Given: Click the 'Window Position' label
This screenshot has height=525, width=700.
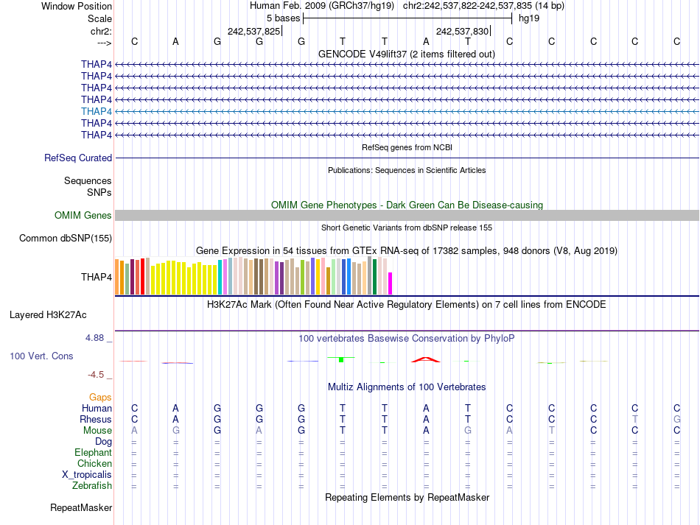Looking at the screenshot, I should (77, 6).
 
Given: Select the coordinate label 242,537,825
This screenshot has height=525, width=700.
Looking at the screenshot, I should (254, 31).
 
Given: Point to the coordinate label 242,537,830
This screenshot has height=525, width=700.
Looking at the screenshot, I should (462, 31).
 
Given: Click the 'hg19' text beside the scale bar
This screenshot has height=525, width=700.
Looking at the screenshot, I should (529, 18).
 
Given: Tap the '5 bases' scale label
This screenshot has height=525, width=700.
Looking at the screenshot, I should (283, 18).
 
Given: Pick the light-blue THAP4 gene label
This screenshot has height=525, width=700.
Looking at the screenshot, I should (97, 111).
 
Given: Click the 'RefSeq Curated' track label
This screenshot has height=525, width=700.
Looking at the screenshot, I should (78, 158).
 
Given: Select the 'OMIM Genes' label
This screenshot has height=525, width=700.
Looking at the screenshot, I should (83, 215).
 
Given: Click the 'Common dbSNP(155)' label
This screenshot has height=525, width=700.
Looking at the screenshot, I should (66, 238).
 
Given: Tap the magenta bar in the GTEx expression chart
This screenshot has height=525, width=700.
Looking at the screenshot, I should (391, 283).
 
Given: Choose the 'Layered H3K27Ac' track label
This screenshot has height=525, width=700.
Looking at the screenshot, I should (48, 314).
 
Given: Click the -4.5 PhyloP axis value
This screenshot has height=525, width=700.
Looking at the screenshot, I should (97, 374).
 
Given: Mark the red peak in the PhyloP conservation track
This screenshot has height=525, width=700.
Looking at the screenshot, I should (426, 359).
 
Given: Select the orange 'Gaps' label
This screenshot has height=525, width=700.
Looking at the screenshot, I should (100, 397).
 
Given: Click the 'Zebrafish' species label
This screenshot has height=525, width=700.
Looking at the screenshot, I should (92, 485).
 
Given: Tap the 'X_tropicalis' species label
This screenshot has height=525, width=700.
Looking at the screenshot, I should (87, 474).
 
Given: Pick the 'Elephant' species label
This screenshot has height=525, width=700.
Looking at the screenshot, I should (93, 452).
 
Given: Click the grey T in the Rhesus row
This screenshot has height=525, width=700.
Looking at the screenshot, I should (634, 419).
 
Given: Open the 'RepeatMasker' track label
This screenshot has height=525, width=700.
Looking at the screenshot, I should (81, 507).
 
